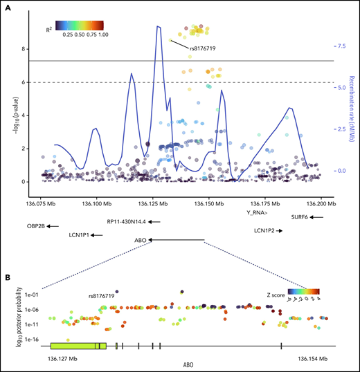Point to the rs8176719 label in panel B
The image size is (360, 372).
(x=101, y=295)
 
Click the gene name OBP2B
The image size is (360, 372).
(x=37, y=226)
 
